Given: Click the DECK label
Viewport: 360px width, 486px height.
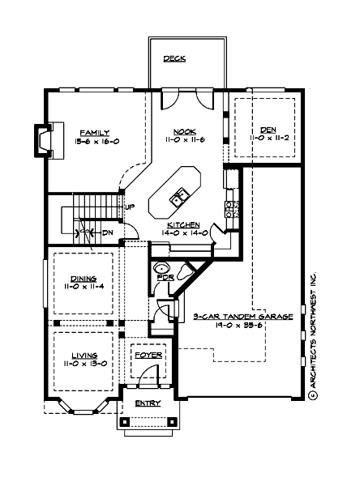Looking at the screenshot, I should (x=174, y=58).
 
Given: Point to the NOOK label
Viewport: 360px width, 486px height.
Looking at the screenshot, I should (x=185, y=131).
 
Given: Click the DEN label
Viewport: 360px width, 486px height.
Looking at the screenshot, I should (x=268, y=130).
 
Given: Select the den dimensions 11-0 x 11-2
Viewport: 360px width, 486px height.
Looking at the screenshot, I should (x=268, y=139).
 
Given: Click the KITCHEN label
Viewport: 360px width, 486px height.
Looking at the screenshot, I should (x=185, y=224).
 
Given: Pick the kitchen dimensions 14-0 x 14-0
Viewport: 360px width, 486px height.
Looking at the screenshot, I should (x=185, y=233).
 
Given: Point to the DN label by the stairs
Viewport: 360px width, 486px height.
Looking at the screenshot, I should (x=108, y=232).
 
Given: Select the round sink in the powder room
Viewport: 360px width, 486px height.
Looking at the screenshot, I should (x=161, y=268).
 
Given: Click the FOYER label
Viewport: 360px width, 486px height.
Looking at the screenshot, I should (x=147, y=354).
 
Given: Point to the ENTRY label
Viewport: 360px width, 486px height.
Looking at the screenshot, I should (x=147, y=403).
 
